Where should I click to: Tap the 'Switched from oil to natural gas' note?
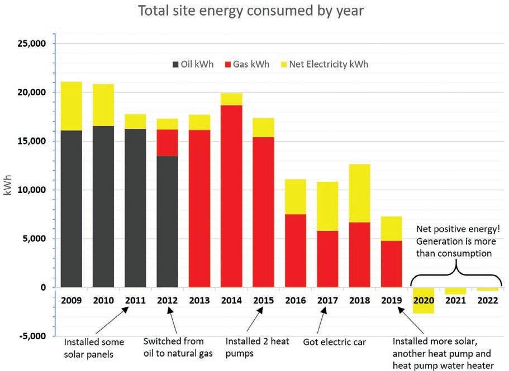click(174, 346)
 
